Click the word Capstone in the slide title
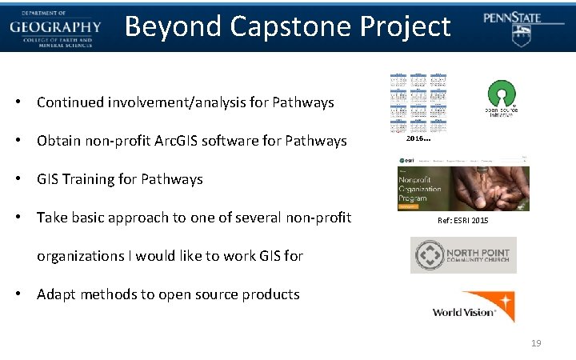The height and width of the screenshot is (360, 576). tap(289, 27)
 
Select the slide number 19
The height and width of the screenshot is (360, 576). tap(535, 343)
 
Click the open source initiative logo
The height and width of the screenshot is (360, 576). tap(502, 98)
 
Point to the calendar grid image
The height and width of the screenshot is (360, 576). tap(418, 102)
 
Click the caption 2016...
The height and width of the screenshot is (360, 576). tap(418, 139)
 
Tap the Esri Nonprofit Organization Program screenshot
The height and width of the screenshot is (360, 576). tap(463, 183)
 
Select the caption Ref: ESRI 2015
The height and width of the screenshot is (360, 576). tap(463, 220)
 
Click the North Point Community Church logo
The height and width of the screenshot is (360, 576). tap(463, 255)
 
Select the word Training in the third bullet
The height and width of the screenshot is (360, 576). tap(97, 179)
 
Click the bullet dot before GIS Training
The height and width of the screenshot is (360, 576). tap(17, 179)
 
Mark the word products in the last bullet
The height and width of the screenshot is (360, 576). tap(271, 294)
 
